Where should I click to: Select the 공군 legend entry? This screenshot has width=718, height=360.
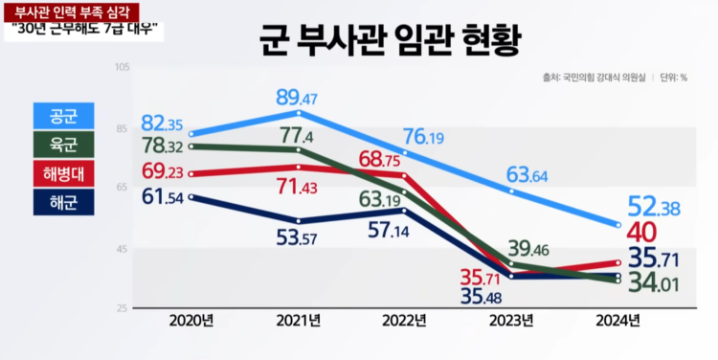click(62, 116)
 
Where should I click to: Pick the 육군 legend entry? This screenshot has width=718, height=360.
click(62, 145)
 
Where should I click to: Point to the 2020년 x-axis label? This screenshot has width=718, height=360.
click(191, 319)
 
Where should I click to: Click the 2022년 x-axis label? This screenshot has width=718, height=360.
click(406, 319)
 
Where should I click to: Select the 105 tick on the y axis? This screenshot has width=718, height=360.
click(123, 67)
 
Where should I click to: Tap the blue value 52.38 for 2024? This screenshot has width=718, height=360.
click(656, 207)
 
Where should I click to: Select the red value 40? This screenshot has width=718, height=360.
click(641, 233)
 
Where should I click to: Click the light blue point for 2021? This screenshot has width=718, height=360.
click(300, 113)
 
